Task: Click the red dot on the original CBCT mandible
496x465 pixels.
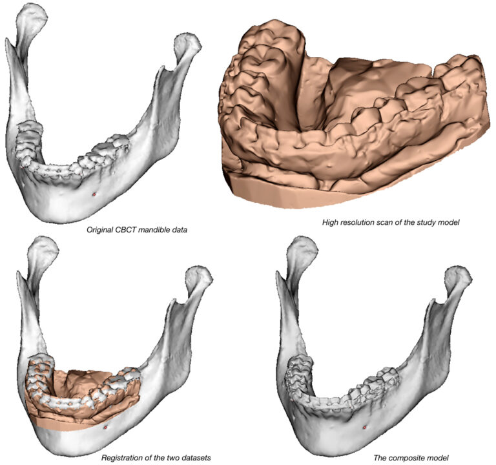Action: coord(94,194)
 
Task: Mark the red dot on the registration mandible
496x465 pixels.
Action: coord(106,428)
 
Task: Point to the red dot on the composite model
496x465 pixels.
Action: coord(364,428)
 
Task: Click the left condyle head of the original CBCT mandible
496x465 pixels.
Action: coord(31,15)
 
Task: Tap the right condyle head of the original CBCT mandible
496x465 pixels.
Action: coord(188,44)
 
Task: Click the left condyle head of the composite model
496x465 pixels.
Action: coord(303,248)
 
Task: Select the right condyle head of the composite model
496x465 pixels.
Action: coord(458,277)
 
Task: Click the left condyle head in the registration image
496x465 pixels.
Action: coord(43,248)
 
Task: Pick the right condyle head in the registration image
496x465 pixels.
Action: coord(200,277)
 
